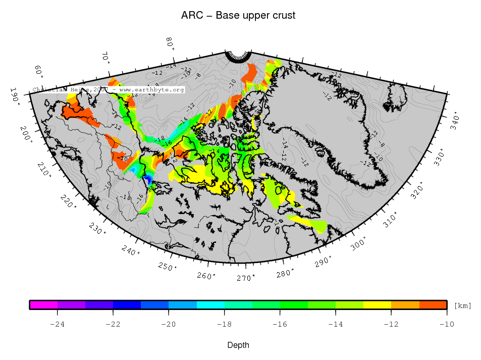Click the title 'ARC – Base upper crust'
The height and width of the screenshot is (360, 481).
point(238,16)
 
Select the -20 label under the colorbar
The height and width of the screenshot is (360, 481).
point(168,324)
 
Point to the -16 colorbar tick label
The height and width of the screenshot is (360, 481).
point(279,324)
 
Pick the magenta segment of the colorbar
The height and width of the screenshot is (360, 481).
point(43,304)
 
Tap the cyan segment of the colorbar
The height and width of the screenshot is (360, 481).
point(210,304)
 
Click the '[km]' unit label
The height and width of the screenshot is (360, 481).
point(462,306)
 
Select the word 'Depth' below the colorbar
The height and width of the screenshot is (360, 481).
point(238,345)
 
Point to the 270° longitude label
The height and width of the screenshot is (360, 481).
point(245,278)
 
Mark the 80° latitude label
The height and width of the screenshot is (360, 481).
point(171,43)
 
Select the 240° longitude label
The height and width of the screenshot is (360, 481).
point(130,249)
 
